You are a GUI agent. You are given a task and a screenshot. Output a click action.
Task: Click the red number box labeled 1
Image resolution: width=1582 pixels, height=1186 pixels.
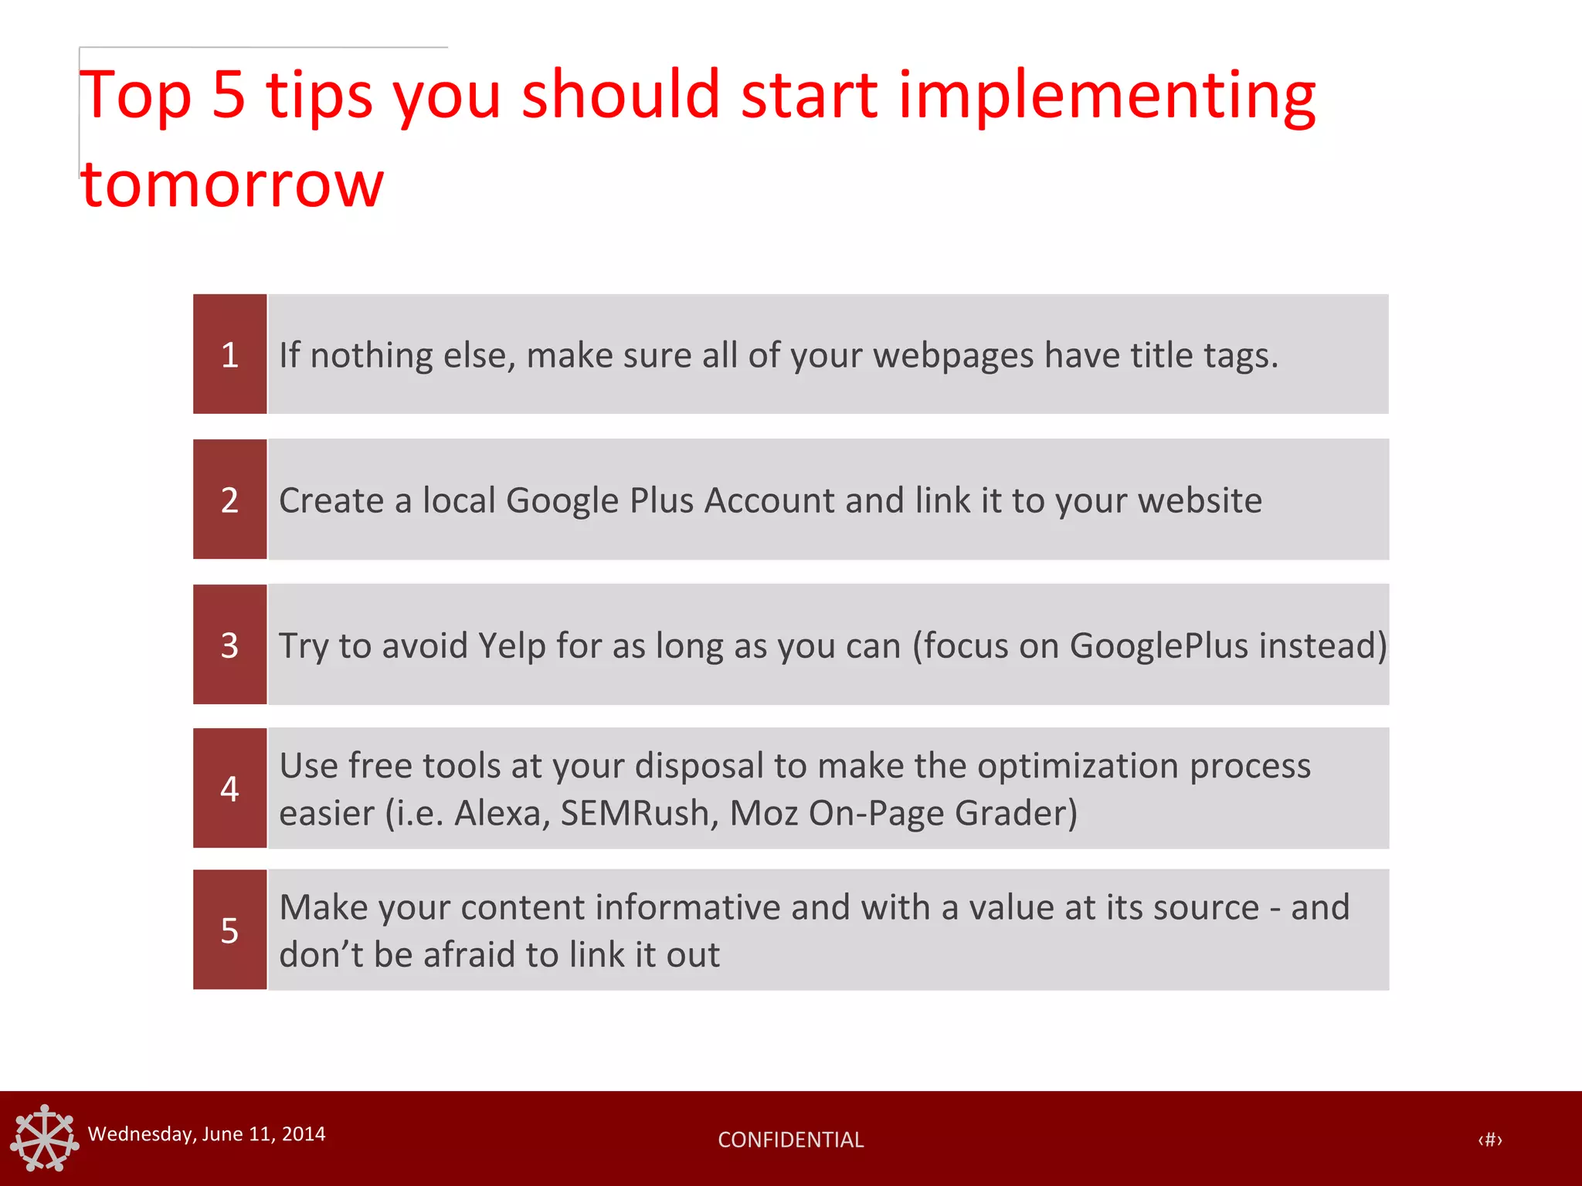pyautogui.click(x=229, y=354)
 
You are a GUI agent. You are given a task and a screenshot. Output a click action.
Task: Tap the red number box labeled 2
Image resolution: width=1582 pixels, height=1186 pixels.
pyautogui.click(x=229, y=500)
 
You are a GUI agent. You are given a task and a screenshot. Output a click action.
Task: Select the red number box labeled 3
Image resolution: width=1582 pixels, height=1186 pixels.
pyautogui.click(x=229, y=645)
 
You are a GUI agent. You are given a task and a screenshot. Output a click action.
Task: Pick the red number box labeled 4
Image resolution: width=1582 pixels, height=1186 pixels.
pyautogui.click(x=229, y=788)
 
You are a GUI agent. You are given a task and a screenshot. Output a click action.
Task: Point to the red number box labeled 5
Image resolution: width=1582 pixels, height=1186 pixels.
pyautogui.click(x=229, y=930)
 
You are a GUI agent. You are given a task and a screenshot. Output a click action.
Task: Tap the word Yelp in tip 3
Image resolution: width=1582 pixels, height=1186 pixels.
pyautogui.click(x=511, y=646)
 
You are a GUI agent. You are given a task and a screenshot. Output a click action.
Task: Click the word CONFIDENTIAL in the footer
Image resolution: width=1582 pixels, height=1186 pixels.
pyautogui.click(x=790, y=1140)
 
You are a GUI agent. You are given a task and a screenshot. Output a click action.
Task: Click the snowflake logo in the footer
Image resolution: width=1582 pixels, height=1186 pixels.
pyautogui.click(x=44, y=1138)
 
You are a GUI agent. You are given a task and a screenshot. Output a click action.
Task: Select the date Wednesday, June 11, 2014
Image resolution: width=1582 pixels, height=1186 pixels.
pyautogui.click(x=206, y=1133)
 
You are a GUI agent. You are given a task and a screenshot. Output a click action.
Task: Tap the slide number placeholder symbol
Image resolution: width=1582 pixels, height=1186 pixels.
pyautogui.click(x=1489, y=1140)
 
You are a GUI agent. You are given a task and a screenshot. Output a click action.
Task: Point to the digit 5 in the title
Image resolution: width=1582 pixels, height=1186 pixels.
pyautogui.click(x=229, y=96)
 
